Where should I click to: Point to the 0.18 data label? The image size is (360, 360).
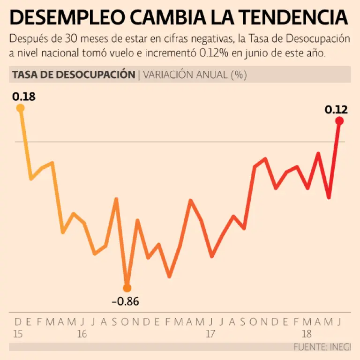coord(24,97)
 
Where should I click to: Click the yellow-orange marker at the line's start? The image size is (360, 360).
coord(20,108)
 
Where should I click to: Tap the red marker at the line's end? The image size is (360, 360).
coord(339,121)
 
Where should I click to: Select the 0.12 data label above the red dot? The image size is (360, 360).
coord(336,110)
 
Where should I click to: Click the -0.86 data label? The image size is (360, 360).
coord(125,301)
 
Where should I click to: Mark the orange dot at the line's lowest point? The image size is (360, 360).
coord(127,288)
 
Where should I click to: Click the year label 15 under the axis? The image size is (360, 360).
coord(19,334)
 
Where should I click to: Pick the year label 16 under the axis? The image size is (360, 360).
coord(82,334)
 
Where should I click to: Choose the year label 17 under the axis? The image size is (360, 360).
coord(210,334)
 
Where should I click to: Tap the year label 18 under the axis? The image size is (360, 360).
coord(307,334)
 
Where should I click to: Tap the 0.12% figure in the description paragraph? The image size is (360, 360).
coord(214,53)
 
